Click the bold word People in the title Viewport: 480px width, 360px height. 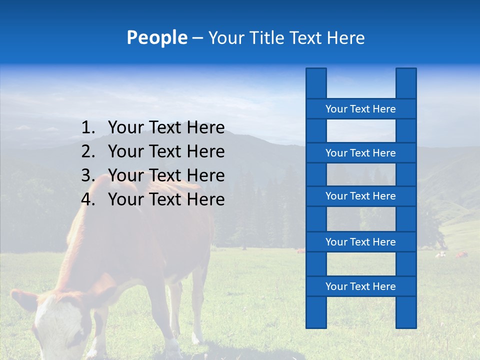157,38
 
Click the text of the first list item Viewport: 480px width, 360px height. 166,128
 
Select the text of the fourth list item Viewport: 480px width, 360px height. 166,199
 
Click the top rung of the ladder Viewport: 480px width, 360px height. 360,109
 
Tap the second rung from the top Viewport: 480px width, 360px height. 360,153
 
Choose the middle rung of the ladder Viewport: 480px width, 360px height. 360,196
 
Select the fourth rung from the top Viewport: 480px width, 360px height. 360,242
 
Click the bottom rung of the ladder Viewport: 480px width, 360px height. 360,286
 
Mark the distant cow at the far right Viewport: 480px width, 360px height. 461,255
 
